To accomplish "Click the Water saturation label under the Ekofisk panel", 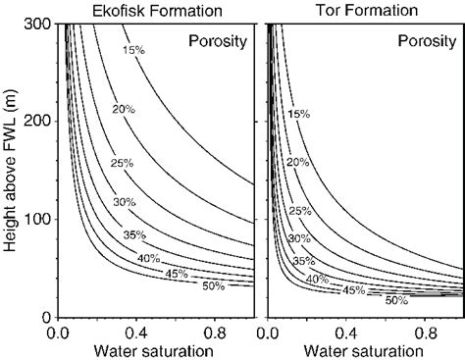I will [x=150, y=350].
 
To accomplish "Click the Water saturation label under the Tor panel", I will [x=362, y=350].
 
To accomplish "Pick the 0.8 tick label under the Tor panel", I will [x=428, y=333].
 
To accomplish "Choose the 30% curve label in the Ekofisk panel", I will [x=125, y=202].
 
